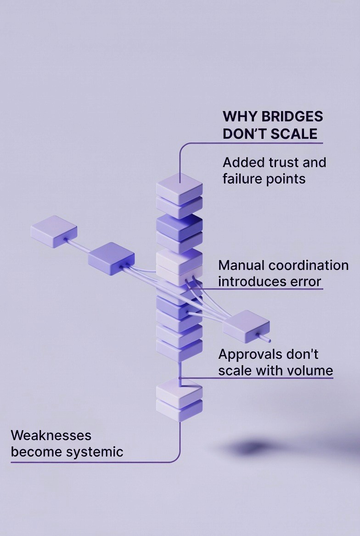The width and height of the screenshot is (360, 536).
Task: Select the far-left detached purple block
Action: coord(54,231)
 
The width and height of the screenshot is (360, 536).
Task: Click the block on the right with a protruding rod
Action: coord(246,324)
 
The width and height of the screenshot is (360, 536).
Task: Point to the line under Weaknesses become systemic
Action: coord(92,462)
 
